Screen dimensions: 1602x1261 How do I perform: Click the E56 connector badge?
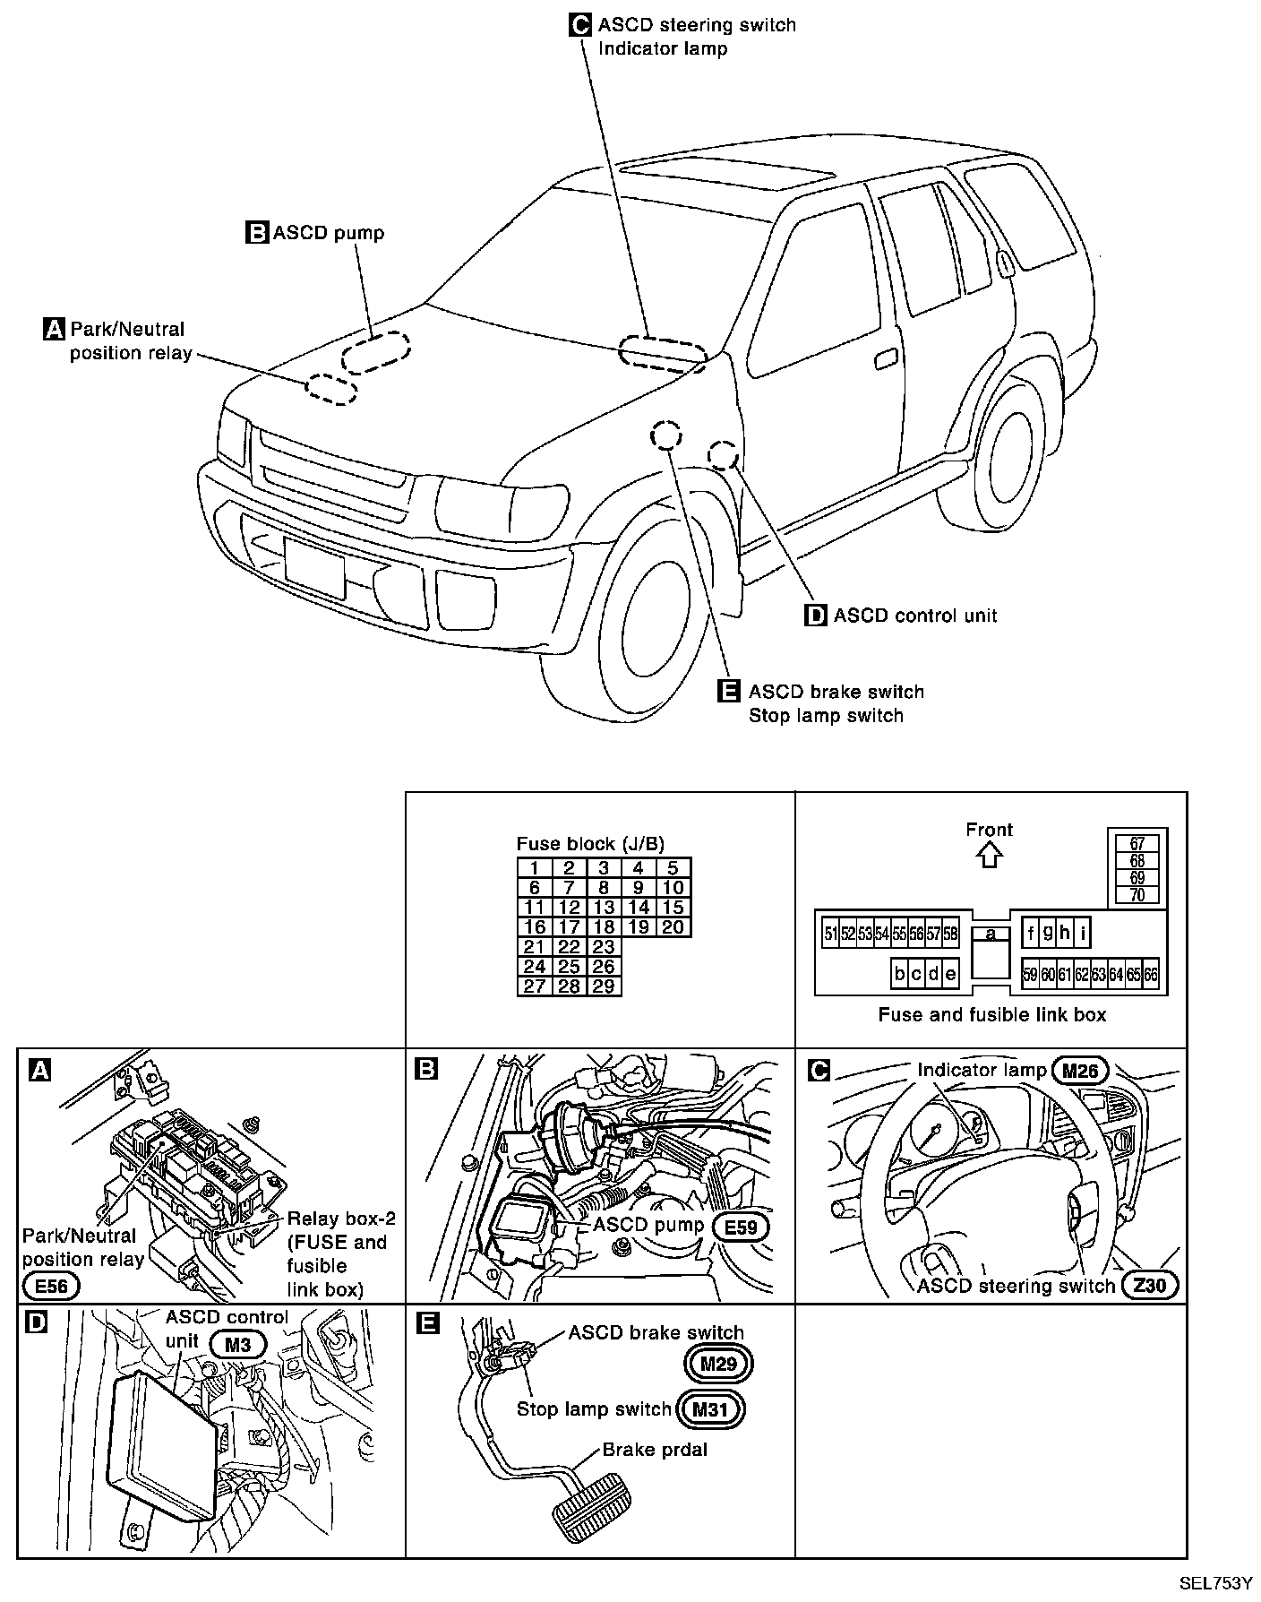click(51, 1287)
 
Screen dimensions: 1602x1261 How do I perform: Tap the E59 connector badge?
click(741, 1227)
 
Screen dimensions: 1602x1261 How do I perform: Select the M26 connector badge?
click(1080, 1070)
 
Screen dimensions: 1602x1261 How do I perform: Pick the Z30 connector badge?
click(1150, 1286)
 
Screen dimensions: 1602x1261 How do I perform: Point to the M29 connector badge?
click(717, 1364)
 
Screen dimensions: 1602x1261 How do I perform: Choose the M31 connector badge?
click(711, 1408)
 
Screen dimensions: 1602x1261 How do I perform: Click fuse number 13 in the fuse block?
click(604, 908)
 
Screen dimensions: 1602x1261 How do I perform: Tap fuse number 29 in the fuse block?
click(604, 986)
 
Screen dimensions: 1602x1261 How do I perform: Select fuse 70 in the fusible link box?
click(1137, 894)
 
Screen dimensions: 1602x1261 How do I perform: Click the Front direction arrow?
click(989, 856)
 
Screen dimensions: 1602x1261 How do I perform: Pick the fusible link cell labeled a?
click(991, 934)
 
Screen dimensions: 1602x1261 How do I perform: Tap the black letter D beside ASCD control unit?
click(816, 616)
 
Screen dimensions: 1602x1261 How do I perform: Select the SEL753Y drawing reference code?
click(1214, 1583)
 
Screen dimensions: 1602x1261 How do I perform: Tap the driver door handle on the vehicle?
click(886, 358)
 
